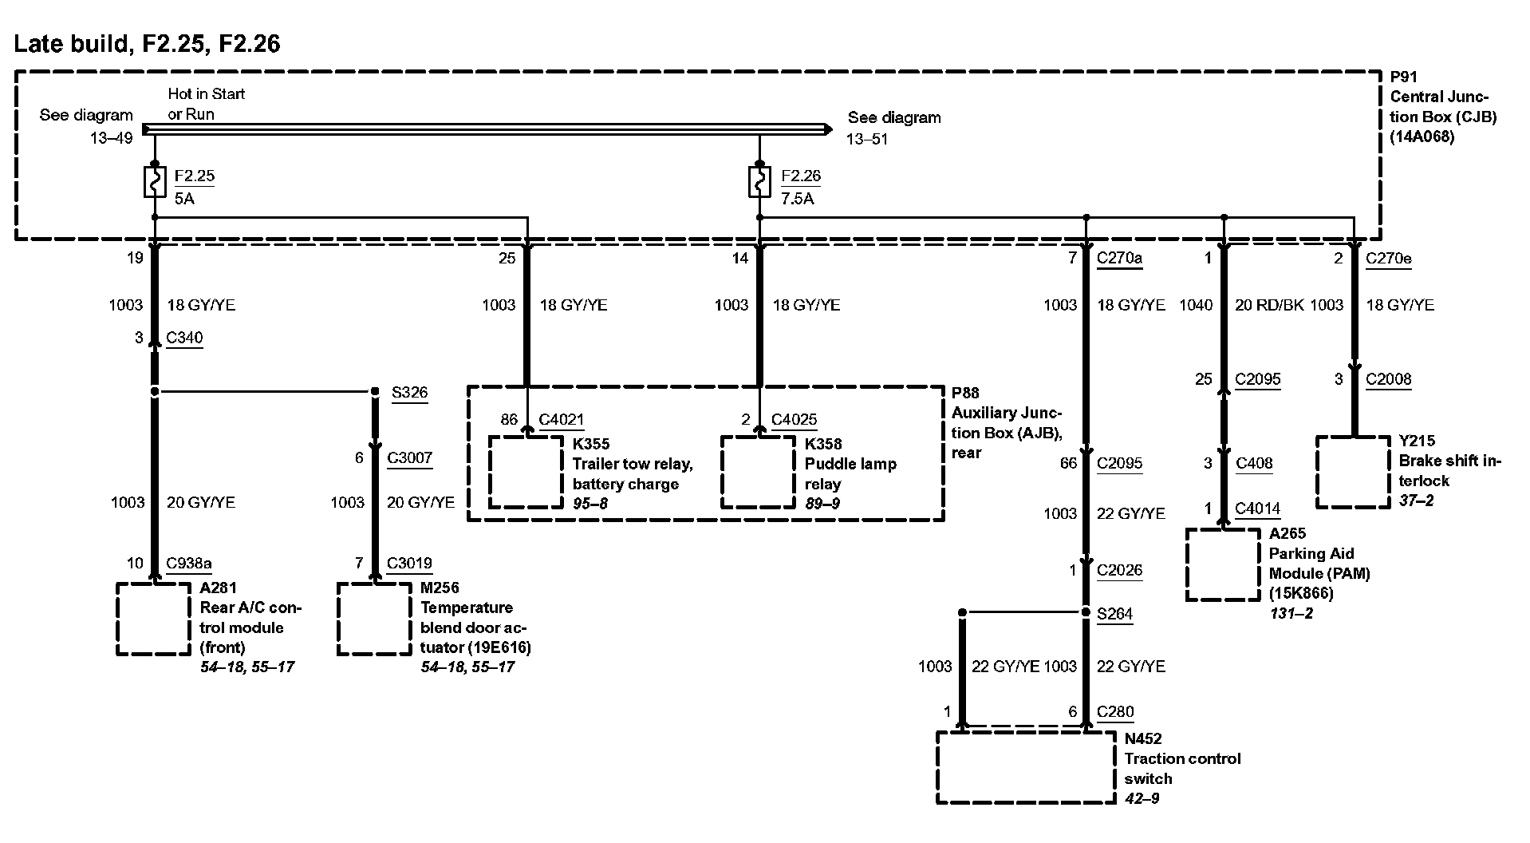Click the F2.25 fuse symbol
click(154, 182)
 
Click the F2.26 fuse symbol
click(759, 182)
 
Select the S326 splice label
click(409, 392)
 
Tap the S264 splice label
click(1114, 614)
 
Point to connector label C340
click(184, 338)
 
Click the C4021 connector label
click(561, 419)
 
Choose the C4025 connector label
click(794, 419)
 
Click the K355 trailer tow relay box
click(526, 472)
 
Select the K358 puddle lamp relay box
click(758, 472)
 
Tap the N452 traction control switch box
click(1025, 767)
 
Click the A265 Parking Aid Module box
click(1222, 564)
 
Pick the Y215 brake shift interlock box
click(1352, 472)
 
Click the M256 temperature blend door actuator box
click(374, 619)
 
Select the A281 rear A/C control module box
click(154, 619)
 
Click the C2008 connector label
click(1388, 379)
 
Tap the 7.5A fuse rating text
click(797, 198)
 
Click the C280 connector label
click(1114, 711)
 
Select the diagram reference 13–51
click(867, 139)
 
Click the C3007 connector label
click(409, 457)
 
